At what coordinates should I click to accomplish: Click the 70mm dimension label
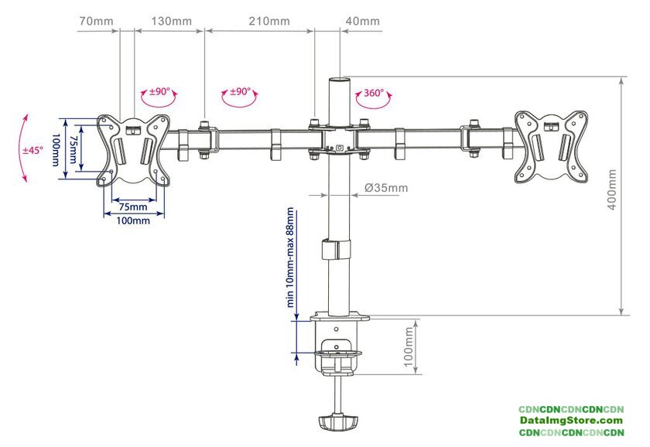pyautogui.click(x=96, y=21)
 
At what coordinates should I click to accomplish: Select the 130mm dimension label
pyautogui.click(x=172, y=21)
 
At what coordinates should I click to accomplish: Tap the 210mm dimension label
pyautogui.click(x=269, y=21)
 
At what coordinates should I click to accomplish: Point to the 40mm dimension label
pyautogui.click(x=364, y=21)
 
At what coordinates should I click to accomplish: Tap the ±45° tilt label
pyautogui.click(x=32, y=150)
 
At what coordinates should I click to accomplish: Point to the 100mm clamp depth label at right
pyautogui.click(x=410, y=347)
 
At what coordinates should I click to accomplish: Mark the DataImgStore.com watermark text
pyautogui.click(x=570, y=420)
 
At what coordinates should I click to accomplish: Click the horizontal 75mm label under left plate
pyautogui.click(x=133, y=207)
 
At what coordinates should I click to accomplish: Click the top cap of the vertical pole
pyautogui.click(x=338, y=78)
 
